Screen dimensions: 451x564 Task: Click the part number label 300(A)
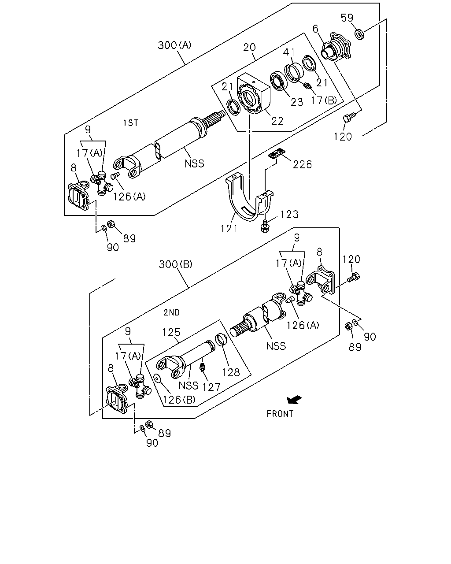click(174, 45)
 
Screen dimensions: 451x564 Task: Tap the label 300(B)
click(175, 264)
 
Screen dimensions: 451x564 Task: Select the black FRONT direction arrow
click(295, 400)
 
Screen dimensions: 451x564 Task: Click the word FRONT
click(280, 414)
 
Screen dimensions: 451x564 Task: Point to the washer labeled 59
click(359, 35)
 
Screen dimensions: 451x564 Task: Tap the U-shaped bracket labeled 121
click(249, 199)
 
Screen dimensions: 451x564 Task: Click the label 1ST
click(130, 122)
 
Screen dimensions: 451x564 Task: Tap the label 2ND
click(172, 312)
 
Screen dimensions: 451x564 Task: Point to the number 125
click(171, 333)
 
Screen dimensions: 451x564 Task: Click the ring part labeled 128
click(222, 340)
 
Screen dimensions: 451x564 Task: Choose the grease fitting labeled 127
click(202, 367)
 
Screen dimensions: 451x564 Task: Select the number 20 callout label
click(249, 48)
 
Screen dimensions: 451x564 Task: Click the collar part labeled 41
click(293, 71)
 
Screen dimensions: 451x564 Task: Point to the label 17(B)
click(324, 100)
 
